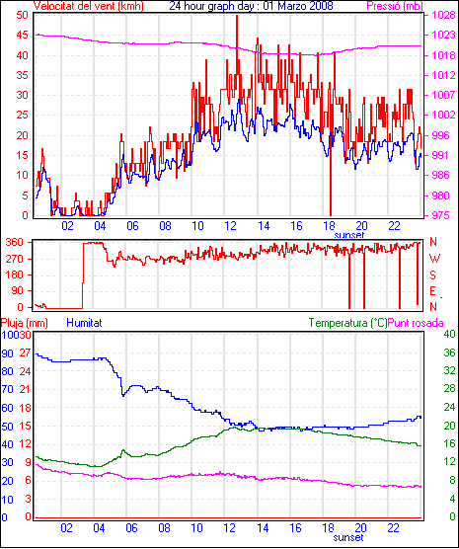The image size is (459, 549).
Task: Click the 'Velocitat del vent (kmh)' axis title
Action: coord(88,6)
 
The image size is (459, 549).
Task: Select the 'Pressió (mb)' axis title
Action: coord(395,6)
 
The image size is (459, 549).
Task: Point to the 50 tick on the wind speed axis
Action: coord(22,15)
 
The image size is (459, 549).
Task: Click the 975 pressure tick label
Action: coord(441,215)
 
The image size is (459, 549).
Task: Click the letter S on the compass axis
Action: coord(433,275)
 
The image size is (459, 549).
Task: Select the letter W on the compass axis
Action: coord(434,259)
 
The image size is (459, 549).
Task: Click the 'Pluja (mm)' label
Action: coord(24,323)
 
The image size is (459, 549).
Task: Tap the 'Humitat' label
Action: coord(84,323)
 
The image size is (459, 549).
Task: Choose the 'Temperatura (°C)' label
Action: coord(348,323)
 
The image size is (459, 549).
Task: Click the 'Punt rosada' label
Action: coord(416,323)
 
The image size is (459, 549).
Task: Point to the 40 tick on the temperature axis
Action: coord(449,334)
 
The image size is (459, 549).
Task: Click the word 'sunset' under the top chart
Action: coord(349,235)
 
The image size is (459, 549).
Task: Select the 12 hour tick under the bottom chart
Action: coord(230,527)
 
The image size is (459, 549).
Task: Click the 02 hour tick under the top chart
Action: coord(67,226)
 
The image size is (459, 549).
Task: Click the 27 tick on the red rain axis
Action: coord(25,353)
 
